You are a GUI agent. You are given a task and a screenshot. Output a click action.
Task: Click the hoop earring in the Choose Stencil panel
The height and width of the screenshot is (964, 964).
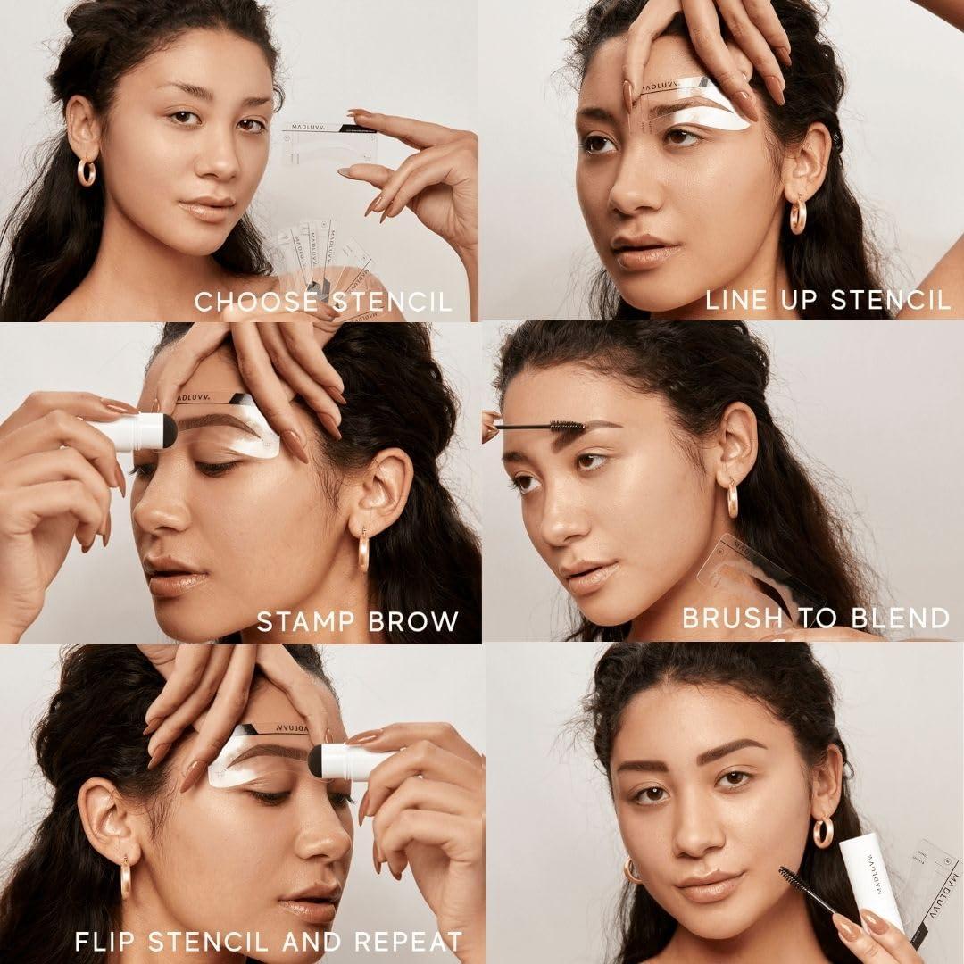[86, 171]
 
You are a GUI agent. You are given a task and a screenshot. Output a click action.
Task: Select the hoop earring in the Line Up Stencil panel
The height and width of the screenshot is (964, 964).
[797, 216]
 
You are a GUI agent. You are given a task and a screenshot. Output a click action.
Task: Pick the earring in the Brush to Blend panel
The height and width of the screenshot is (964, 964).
[733, 500]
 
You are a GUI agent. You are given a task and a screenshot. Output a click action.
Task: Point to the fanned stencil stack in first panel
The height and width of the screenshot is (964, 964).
[321, 259]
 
